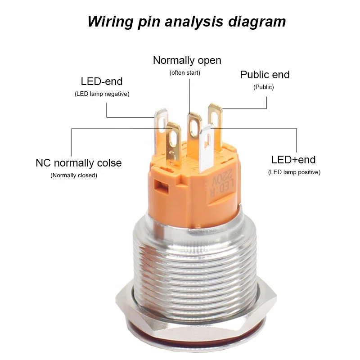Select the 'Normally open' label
pyautogui.click(x=187, y=60)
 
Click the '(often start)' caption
pyautogui.click(x=184, y=72)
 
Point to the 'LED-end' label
pyautogui.click(x=101, y=81)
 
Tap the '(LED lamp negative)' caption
pyautogui.click(x=102, y=94)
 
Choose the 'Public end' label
pyautogui.click(x=265, y=75)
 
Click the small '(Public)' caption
pyautogui.click(x=263, y=87)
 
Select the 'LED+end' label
pyautogui.click(x=293, y=160)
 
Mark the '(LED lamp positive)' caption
pyautogui.click(x=294, y=172)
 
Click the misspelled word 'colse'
pyautogui.click(x=107, y=163)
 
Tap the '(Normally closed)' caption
pyautogui.click(x=73, y=175)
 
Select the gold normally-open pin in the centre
pyautogui.click(x=193, y=128)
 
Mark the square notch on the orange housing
pyautogui.click(x=158, y=185)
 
